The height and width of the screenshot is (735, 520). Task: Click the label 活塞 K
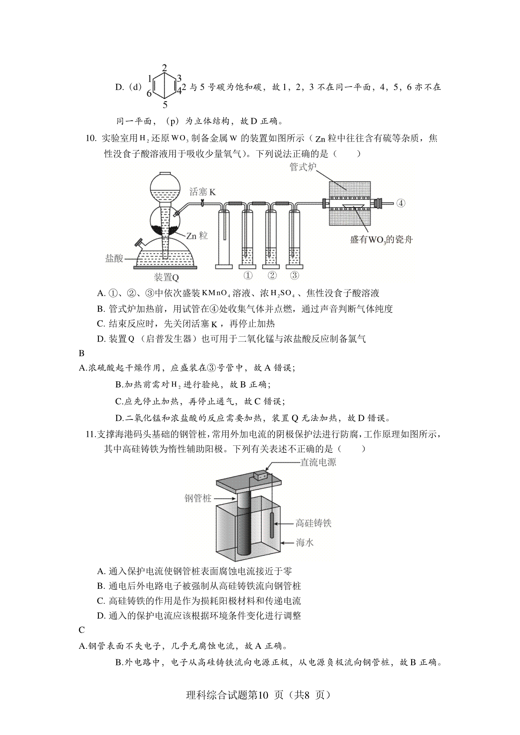(202, 192)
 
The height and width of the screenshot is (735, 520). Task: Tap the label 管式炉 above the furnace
(302, 167)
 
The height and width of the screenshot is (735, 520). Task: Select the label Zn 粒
(197, 235)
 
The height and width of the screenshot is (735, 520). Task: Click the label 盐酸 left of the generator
(114, 258)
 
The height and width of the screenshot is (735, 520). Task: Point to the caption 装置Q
(166, 277)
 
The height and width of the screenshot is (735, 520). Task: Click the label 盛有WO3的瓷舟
(381, 239)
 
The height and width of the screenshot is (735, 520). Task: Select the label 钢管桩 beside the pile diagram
(198, 498)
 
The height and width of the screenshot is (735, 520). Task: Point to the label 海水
(305, 542)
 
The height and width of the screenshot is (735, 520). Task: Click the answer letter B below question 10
(82, 353)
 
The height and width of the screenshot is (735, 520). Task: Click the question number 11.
(90, 435)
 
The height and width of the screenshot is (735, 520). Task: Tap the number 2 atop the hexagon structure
(165, 68)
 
